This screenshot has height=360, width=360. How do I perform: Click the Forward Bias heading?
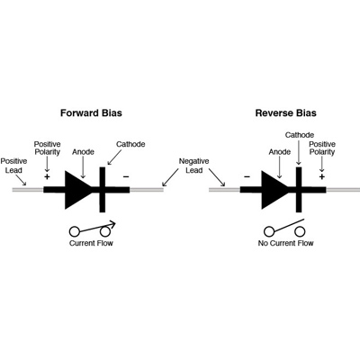(91, 113)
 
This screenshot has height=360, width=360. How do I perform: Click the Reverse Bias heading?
(285, 113)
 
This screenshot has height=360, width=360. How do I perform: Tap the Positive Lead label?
(13, 166)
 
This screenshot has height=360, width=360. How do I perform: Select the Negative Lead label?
(193, 166)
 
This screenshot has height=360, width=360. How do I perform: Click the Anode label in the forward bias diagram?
(83, 152)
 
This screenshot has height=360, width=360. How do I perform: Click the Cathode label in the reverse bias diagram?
(300, 135)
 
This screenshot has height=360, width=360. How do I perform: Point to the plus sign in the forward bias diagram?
(47, 176)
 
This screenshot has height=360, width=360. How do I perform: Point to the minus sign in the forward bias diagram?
(126, 176)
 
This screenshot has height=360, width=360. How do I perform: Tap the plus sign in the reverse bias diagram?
(322, 176)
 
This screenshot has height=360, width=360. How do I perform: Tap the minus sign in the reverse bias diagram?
(247, 176)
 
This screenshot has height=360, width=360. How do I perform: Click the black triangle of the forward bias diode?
(76, 190)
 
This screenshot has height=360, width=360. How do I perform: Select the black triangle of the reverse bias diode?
(272, 190)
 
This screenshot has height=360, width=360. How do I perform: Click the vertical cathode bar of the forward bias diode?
(103, 190)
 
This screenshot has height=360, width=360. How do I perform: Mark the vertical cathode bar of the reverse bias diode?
(299, 190)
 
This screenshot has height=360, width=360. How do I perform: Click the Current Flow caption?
(91, 243)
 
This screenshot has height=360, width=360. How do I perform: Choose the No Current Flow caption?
(285, 243)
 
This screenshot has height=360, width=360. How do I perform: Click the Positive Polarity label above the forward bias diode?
(47, 148)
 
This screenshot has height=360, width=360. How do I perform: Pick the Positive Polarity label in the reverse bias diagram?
(322, 148)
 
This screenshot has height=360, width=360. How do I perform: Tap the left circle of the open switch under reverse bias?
(269, 231)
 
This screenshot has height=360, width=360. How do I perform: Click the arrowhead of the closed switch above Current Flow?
(112, 224)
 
